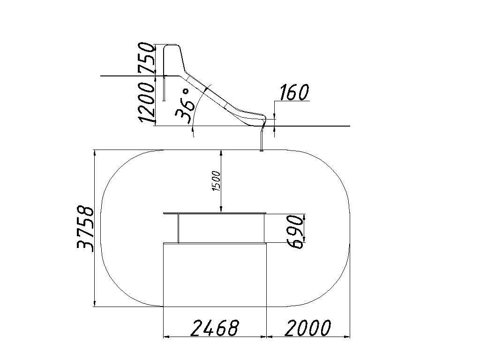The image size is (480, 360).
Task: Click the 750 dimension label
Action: pos(146,58)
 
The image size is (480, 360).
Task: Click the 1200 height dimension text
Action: pos(146,102)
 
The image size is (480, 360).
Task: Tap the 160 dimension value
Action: pos(294,92)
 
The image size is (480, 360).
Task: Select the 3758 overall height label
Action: pos(85,229)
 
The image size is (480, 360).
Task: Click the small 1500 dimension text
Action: pos(216,181)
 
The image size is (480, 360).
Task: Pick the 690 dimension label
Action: pos(296,231)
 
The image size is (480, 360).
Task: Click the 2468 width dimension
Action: pos(215,328)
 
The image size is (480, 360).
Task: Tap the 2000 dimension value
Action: pos(308,328)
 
